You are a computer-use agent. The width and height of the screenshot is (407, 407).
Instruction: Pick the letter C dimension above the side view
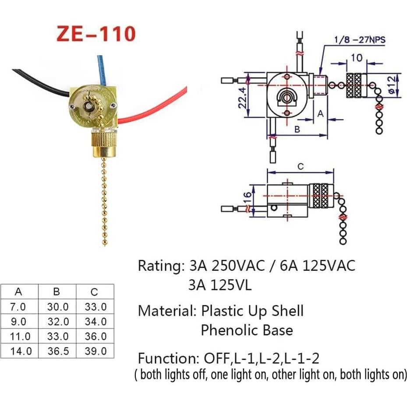coord(300,166)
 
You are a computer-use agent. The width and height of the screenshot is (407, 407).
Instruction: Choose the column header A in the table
coord(18,292)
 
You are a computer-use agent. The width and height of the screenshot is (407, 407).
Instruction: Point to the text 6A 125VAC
coord(315,266)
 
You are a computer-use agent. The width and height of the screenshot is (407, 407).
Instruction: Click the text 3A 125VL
coord(220,286)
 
